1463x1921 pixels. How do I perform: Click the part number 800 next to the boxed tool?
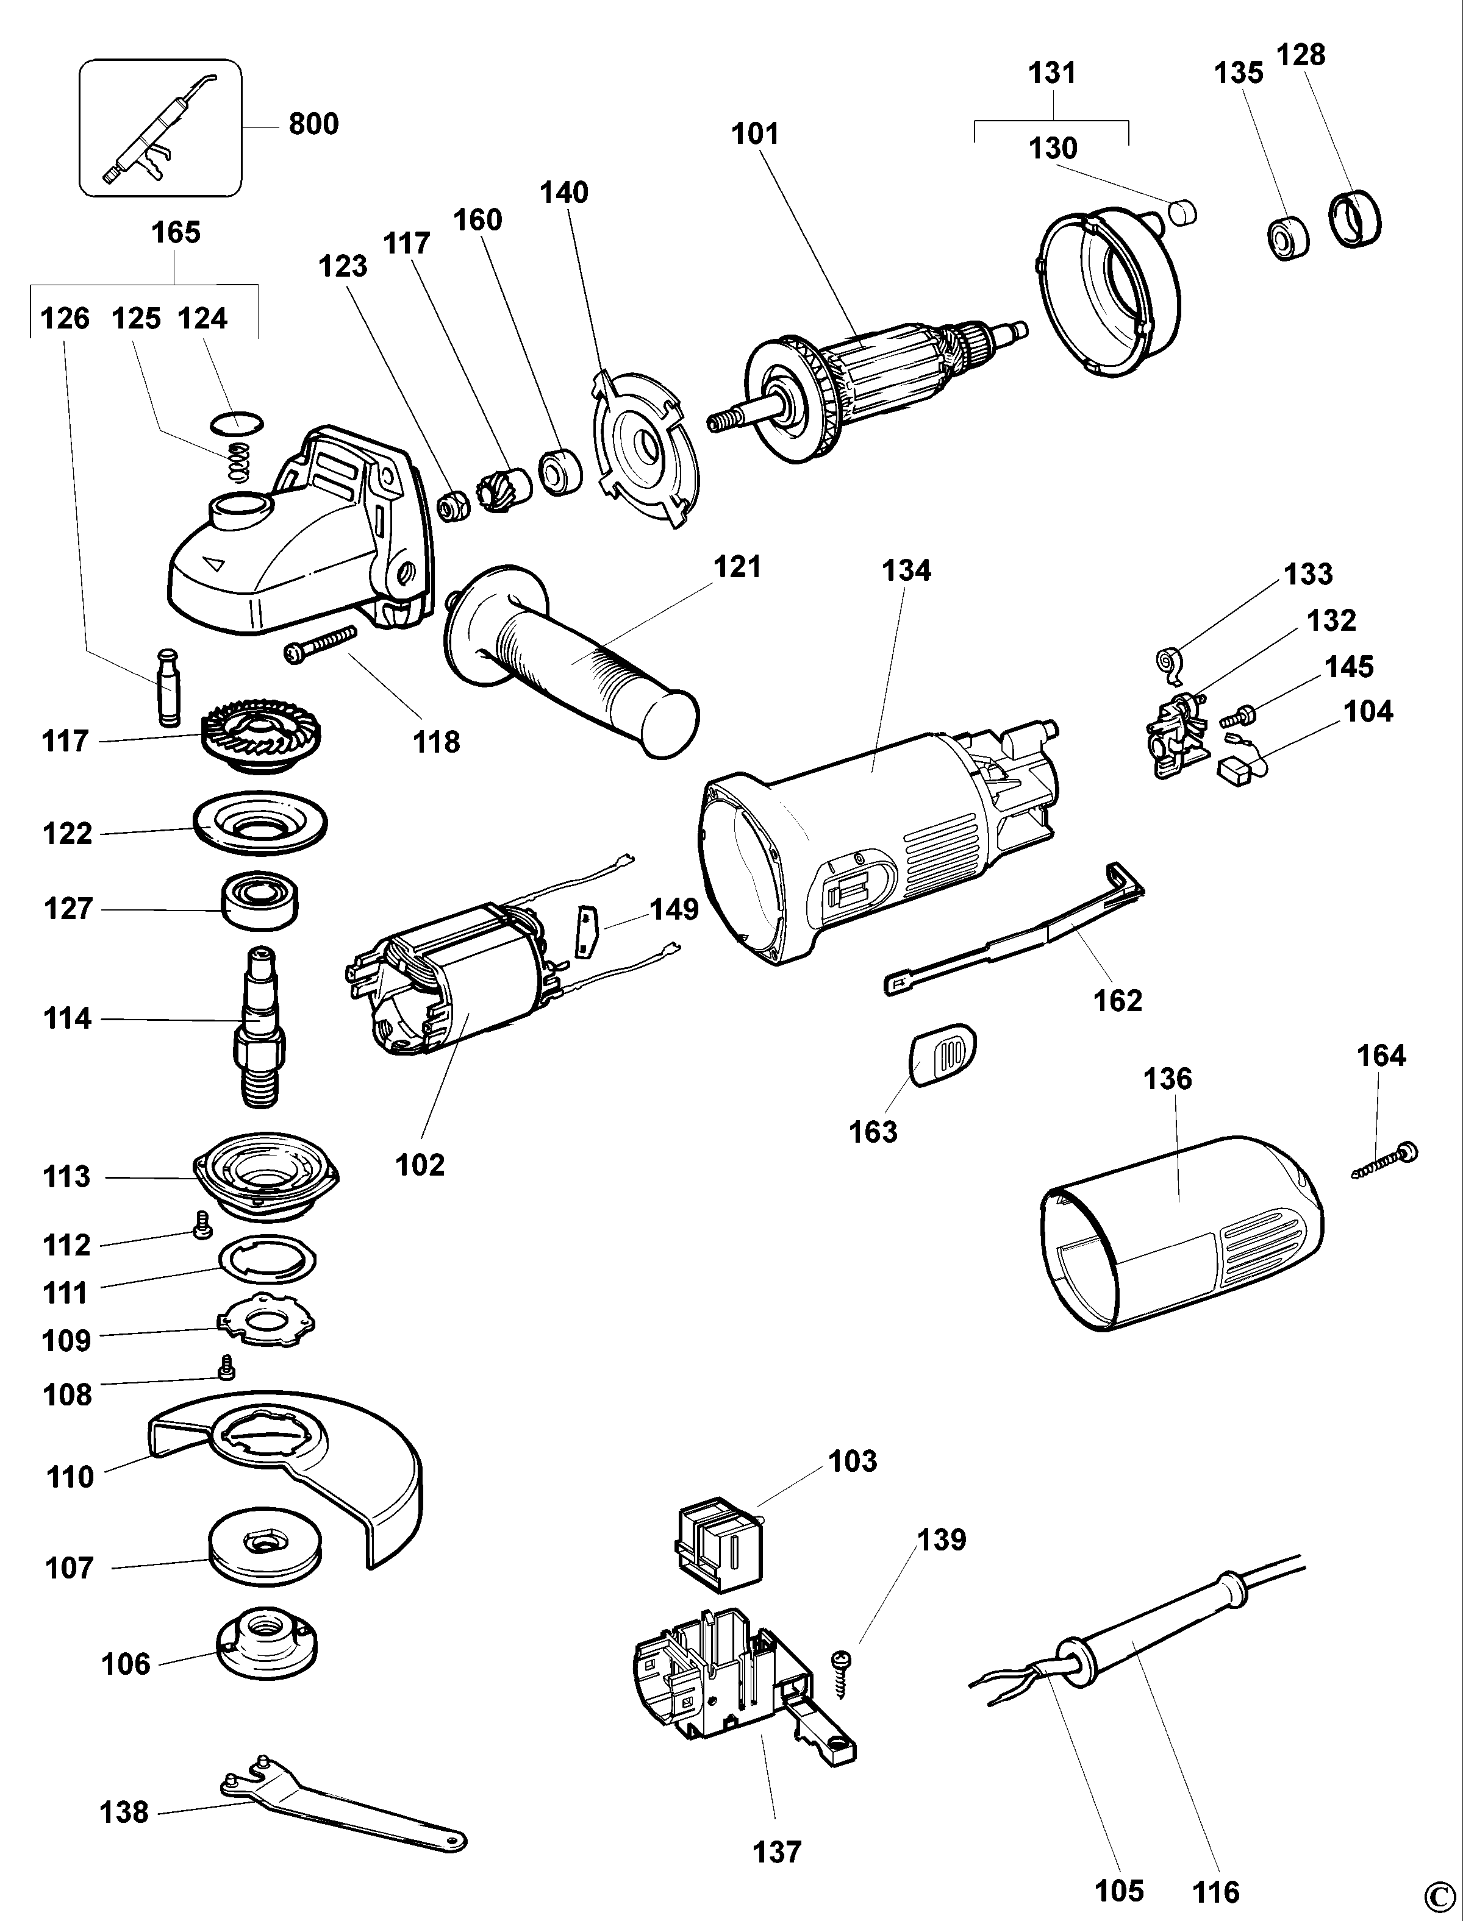(x=313, y=124)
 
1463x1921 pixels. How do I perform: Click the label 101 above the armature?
(x=754, y=134)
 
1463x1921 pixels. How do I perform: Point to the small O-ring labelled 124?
(x=237, y=423)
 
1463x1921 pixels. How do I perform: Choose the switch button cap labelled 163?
(x=943, y=1055)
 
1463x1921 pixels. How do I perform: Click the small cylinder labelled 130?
(x=1182, y=211)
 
